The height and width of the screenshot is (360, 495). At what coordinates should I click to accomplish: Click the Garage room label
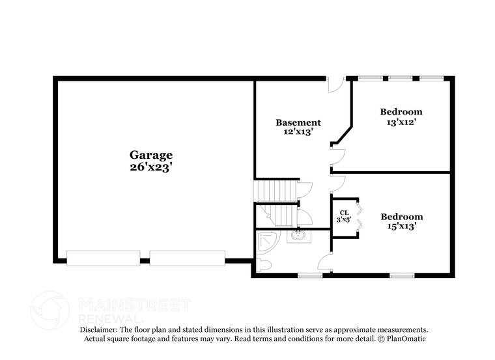coord(151,155)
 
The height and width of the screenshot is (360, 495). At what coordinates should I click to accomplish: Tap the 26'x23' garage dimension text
coord(151,167)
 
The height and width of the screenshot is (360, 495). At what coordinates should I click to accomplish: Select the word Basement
coord(298,122)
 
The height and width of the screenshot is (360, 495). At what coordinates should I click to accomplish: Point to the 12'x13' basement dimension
coord(298,132)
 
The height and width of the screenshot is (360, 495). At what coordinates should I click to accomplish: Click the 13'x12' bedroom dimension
coord(401,122)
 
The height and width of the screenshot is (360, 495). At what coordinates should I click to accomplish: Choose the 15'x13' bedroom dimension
coord(402,227)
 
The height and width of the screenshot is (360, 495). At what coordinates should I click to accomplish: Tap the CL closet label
coord(344,213)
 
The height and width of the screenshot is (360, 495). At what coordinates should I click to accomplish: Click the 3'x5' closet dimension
coord(344,221)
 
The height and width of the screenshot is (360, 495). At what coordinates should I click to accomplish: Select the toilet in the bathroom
coord(263,265)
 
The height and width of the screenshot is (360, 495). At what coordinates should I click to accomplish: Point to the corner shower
coord(266,242)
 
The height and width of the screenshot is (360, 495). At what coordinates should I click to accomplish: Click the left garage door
coord(103,258)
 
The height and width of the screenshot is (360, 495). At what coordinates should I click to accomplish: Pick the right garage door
coord(188,258)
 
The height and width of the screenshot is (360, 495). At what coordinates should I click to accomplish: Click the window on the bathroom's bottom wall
coord(311,275)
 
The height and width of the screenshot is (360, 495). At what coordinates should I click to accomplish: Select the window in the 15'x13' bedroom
coord(402,275)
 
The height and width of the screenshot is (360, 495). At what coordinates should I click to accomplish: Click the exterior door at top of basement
coord(335,83)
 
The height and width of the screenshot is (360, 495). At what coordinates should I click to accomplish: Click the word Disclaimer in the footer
coord(98,330)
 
